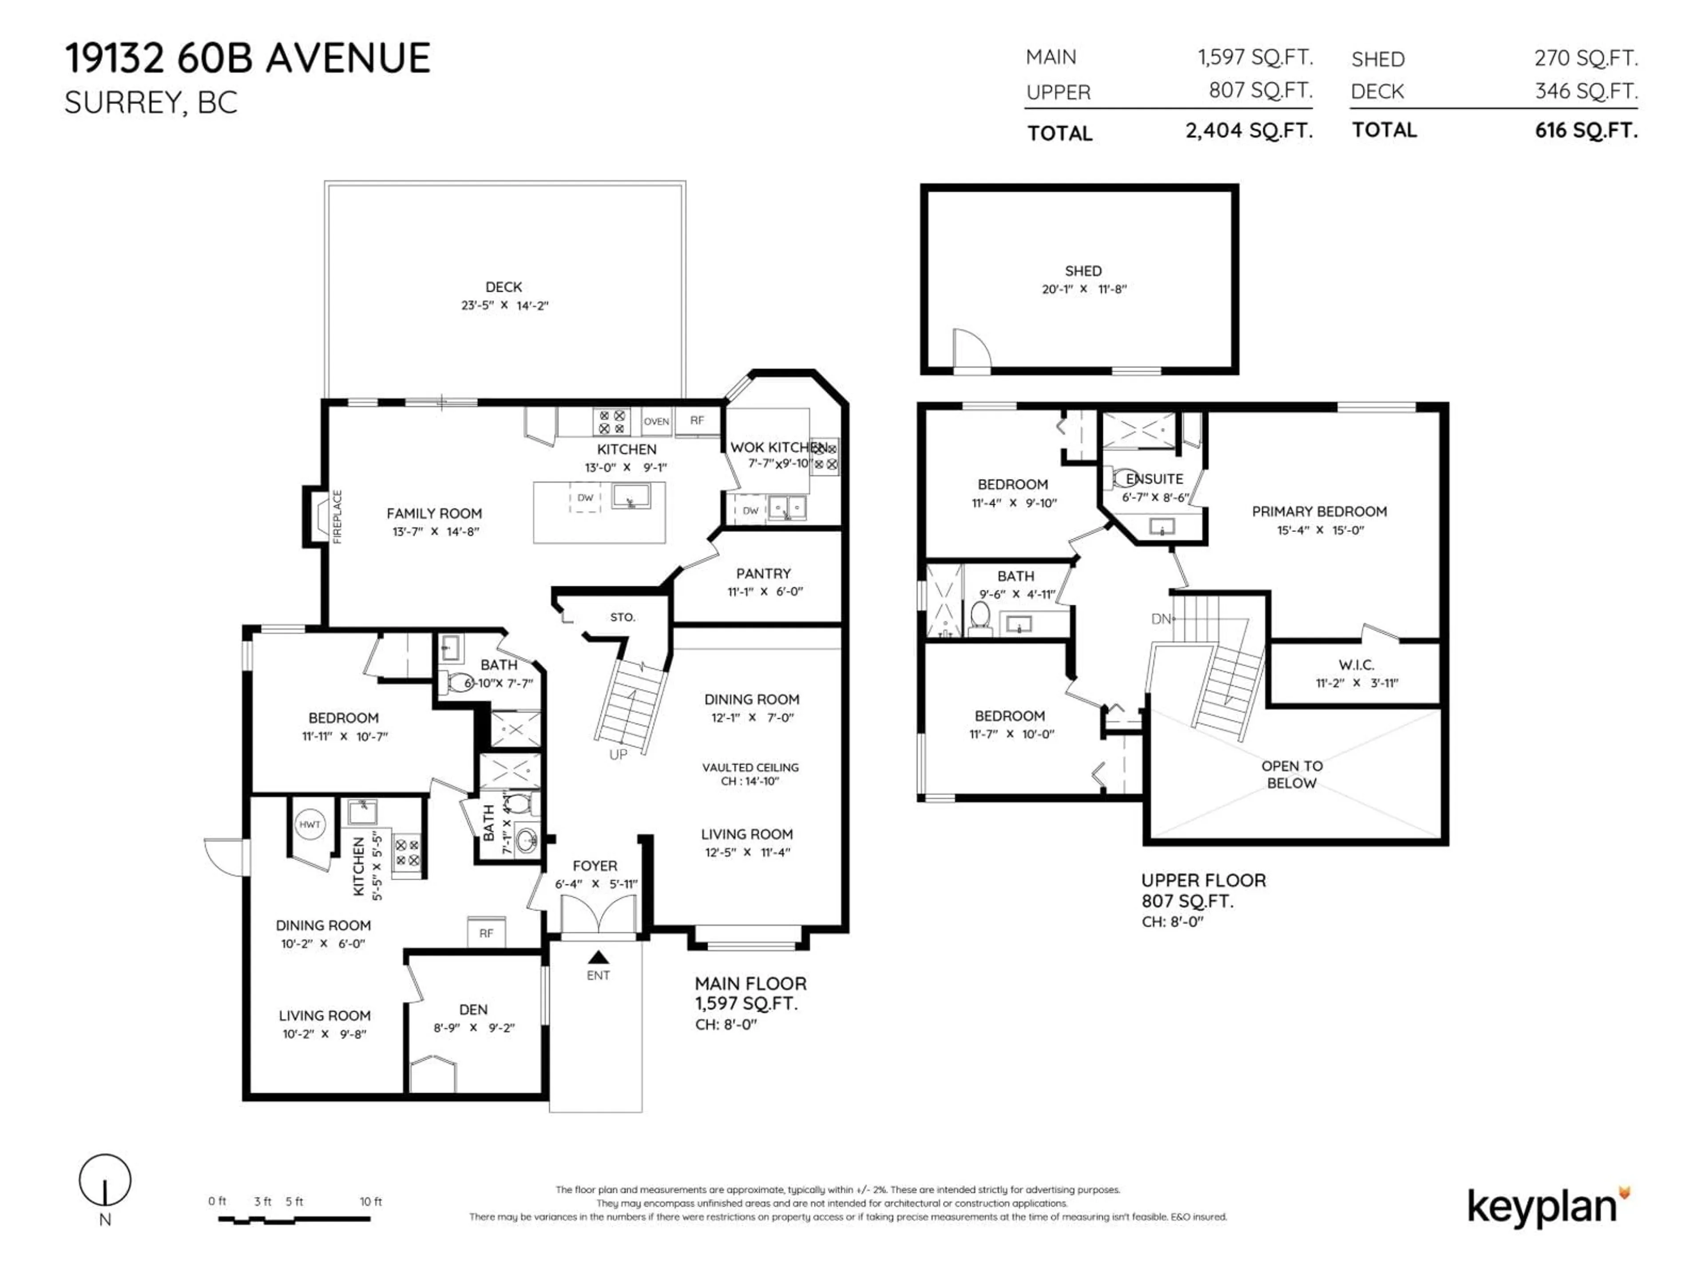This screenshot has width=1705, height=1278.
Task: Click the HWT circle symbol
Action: coord(309,824)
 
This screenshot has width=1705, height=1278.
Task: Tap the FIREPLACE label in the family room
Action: coord(337,517)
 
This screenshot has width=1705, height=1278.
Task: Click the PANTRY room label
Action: coord(763,573)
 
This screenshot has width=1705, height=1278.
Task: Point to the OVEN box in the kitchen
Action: coord(656,422)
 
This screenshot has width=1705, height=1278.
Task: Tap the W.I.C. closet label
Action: coord(1356,664)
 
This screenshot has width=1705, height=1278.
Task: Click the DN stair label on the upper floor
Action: coord(1161,619)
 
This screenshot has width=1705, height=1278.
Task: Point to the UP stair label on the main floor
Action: coord(618,754)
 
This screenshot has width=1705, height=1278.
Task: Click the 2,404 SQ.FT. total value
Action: coord(1249,131)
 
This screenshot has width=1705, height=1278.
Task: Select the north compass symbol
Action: coord(105,1181)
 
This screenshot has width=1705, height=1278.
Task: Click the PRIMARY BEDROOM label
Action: coord(1319,512)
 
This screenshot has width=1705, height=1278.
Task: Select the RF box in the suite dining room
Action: coord(486,933)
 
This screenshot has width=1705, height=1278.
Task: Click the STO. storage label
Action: coord(622,617)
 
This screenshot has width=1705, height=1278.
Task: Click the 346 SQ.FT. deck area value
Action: coord(1586,91)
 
